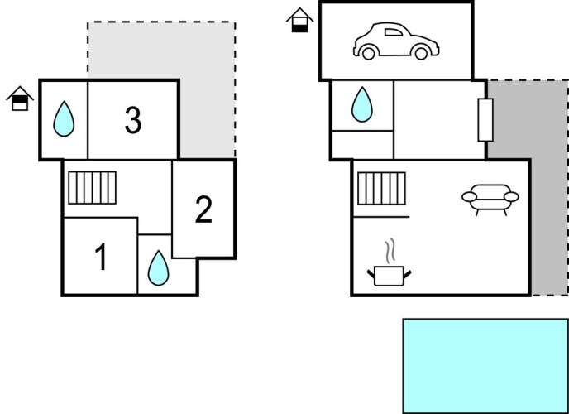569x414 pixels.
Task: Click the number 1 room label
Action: pos(101,258)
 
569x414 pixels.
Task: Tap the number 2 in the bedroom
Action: pos(203,210)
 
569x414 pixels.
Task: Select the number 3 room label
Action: pos(132,121)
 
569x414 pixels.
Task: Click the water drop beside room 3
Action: pos(64,120)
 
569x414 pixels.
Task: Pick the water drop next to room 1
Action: pos(157,267)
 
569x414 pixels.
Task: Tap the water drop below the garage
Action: pos(361,105)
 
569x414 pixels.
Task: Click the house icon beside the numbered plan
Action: pos(18,99)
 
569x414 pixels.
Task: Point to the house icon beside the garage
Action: pos(299,20)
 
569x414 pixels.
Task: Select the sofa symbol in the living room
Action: pos(490,199)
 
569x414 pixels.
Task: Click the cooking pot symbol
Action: pos(388,274)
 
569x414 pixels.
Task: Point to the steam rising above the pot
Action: pos(390,249)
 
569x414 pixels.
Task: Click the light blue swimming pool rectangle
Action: pos(485,365)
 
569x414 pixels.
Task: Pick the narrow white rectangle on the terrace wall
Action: pos(485,119)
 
